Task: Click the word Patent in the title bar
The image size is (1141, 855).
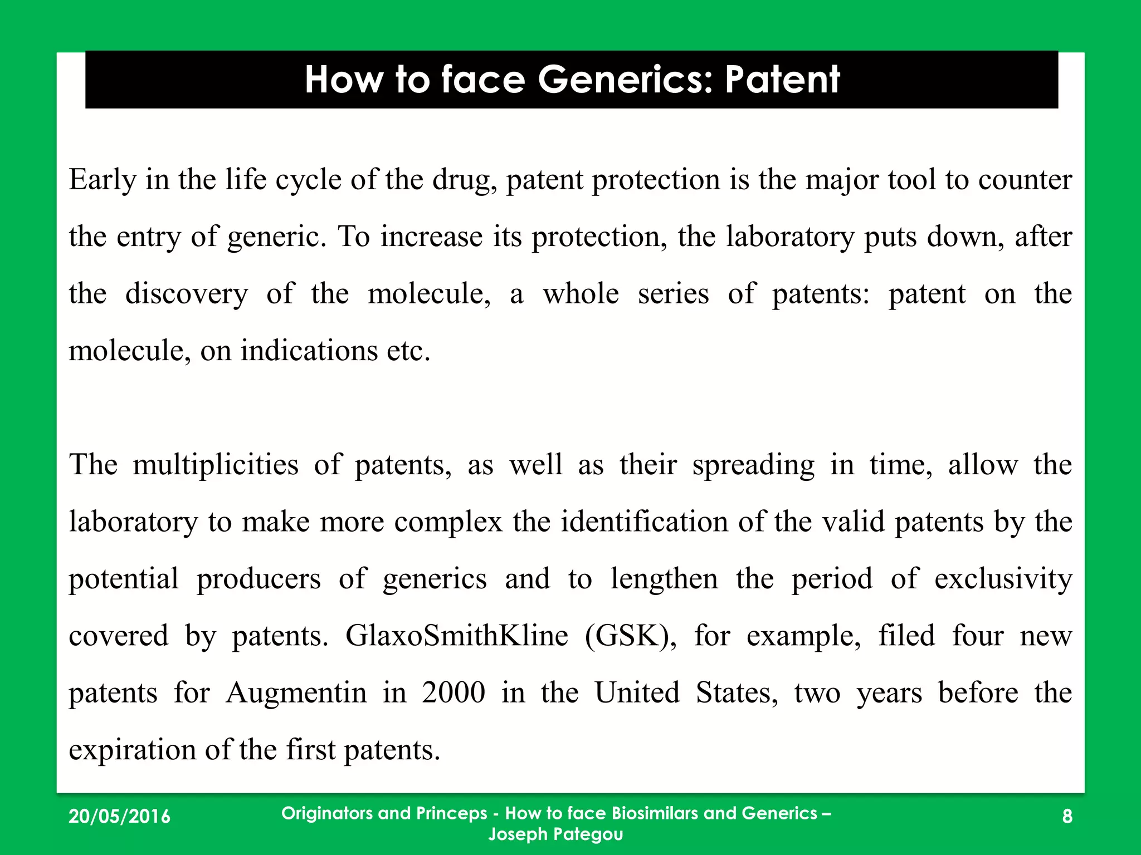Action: pyautogui.click(x=782, y=80)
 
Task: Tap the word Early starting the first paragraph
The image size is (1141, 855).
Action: pyautogui.click(x=103, y=180)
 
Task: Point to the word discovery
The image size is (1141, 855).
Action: pyautogui.click(x=186, y=294)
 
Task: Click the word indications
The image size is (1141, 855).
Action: pyautogui.click(x=309, y=351)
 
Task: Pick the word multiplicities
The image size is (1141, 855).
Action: pyautogui.click(x=215, y=465)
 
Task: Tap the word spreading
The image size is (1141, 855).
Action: pyautogui.click(x=753, y=465)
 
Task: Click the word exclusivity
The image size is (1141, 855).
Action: pyautogui.click(x=1003, y=579)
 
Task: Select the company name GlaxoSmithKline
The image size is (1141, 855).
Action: pyautogui.click(x=456, y=636)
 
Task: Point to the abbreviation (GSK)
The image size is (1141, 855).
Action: pyautogui.click(x=631, y=636)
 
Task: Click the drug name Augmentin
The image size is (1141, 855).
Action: pyautogui.click(x=296, y=693)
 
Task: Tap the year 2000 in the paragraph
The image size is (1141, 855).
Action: pyautogui.click(x=454, y=693)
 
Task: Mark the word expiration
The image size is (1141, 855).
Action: pyautogui.click(x=132, y=750)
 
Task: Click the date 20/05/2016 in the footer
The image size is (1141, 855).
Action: pyautogui.click(x=119, y=817)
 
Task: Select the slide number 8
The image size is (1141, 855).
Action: pyautogui.click(x=1067, y=817)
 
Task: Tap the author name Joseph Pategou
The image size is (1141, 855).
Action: pyautogui.click(x=555, y=834)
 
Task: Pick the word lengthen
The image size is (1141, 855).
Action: pyautogui.click(x=664, y=579)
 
